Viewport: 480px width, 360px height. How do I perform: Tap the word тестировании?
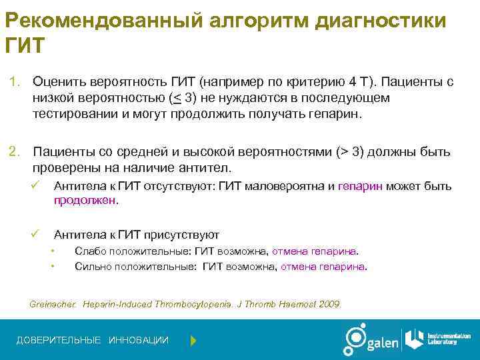[75, 113]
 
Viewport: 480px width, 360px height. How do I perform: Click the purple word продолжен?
[85, 199]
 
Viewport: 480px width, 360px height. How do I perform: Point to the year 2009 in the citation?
[328, 304]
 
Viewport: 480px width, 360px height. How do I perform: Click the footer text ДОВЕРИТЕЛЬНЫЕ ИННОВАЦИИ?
[93, 341]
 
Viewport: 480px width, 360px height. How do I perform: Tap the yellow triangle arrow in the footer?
[193, 341]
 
